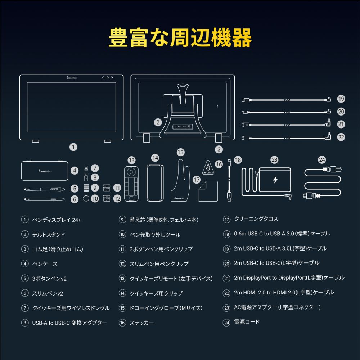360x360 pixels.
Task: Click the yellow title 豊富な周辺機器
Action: coord(180,37)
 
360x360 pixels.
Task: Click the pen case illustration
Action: coord(45,170)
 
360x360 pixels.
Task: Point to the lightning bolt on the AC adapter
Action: coord(275,180)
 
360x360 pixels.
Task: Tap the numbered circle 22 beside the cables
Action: coord(341,137)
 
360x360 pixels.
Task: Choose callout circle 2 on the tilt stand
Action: coord(158,122)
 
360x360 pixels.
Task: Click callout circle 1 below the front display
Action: coord(73,147)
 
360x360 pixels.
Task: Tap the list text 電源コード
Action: coord(247,322)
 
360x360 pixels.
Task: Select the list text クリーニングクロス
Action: coord(256,219)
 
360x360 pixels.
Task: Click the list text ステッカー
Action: coord(141,323)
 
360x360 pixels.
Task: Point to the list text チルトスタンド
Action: coord(49,234)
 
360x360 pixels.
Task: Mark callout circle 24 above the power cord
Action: coord(321,160)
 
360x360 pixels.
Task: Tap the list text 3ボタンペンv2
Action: coord(49,279)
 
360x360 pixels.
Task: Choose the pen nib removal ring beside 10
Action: coord(86,198)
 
